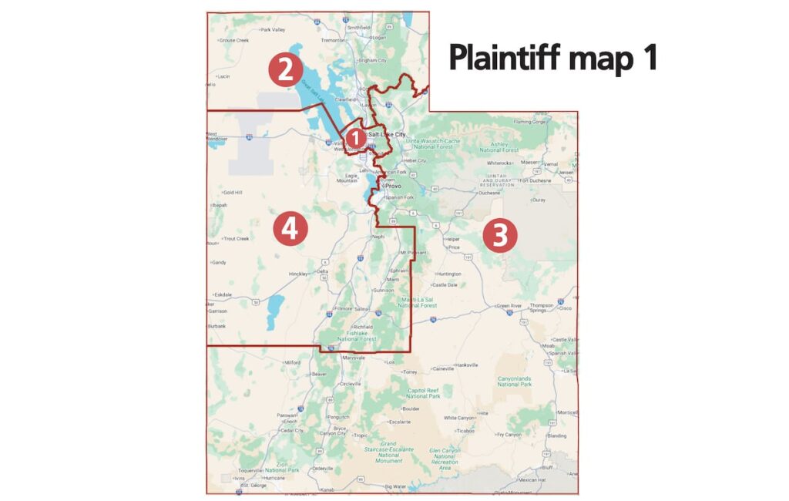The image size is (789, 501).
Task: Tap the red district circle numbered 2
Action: (x=284, y=70)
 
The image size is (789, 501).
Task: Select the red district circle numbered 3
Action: (x=499, y=235)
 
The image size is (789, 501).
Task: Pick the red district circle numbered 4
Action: (x=290, y=229)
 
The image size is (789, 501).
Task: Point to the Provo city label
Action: (x=394, y=186)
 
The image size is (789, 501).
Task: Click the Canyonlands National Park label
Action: (x=515, y=381)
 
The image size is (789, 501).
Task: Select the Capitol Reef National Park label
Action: (x=423, y=393)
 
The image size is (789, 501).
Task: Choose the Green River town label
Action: (x=509, y=305)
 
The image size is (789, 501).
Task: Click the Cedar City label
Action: (x=292, y=430)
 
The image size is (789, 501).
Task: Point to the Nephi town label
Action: (x=378, y=237)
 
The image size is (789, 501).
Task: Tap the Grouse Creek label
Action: (x=234, y=40)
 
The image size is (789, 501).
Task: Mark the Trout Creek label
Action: (x=237, y=238)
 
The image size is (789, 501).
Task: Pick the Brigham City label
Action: (x=371, y=60)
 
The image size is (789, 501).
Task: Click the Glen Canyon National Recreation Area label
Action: (x=445, y=459)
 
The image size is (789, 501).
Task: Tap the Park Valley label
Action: (x=273, y=30)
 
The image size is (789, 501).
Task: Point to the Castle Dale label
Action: (x=445, y=285)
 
